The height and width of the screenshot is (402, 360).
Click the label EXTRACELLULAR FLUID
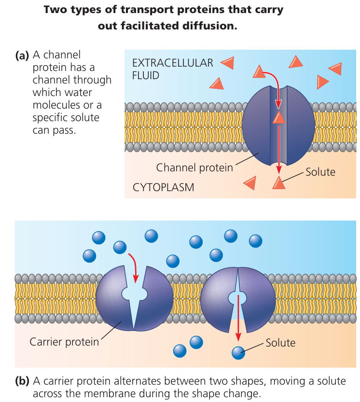[172, 69]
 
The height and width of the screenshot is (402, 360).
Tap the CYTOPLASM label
[163, 187]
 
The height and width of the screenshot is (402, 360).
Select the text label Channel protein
[194, 167]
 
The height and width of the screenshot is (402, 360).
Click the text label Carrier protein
[64, 342]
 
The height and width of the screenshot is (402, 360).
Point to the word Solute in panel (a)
[320, 171]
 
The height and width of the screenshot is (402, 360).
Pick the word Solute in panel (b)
[280, 343]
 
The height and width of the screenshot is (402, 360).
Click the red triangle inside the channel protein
[278, 117]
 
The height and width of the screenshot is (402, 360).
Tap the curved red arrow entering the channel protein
[274, 84]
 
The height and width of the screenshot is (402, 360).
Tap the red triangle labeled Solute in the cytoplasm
[278, 182]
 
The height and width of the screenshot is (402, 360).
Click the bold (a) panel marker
[22, 55]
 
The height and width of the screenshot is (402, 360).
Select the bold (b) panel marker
[22, 381]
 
